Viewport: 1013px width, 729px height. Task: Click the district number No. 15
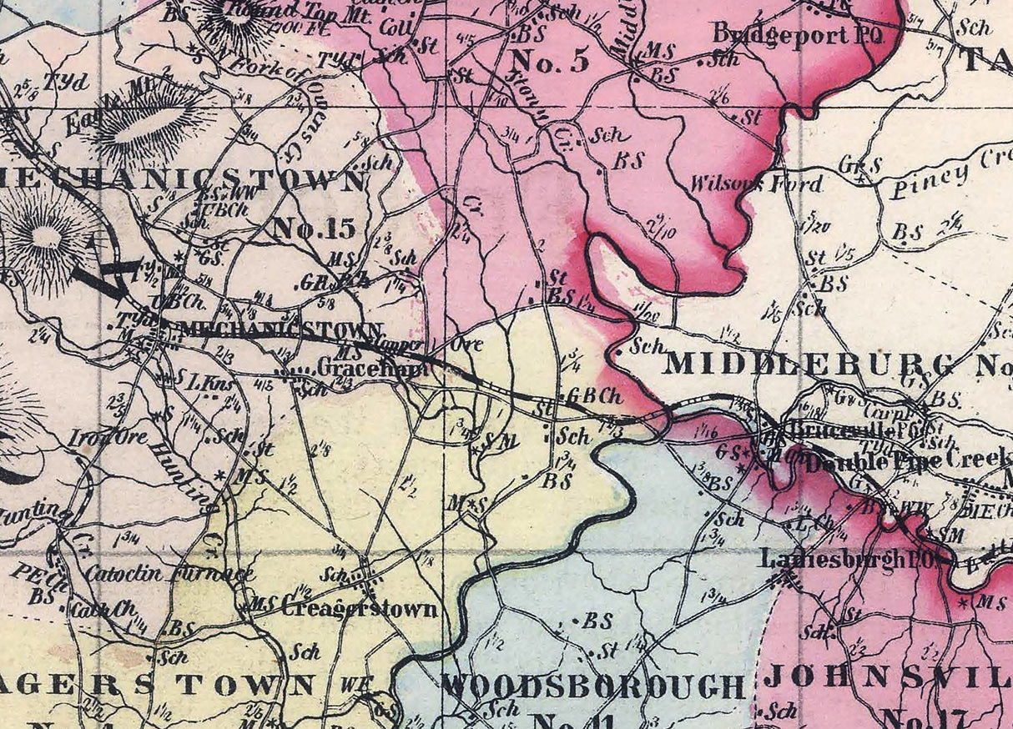(x=315, y=228)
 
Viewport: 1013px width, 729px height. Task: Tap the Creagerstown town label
(x=359, y=608)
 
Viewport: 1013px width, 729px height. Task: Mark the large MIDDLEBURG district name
(x=809, y=364)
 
